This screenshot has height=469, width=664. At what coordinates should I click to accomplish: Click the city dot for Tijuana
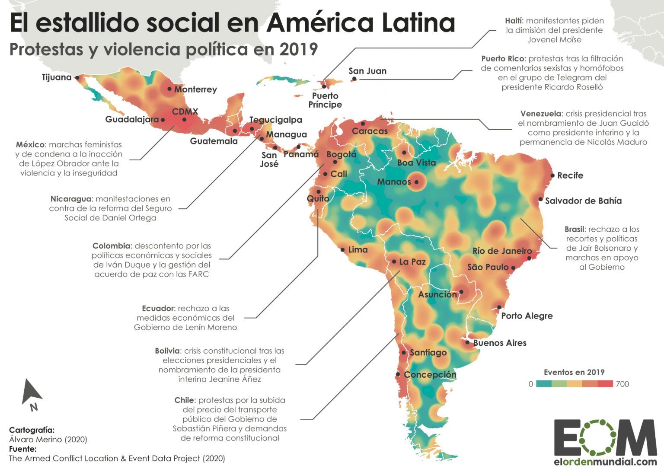77,78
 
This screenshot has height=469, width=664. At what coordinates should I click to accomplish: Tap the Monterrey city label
195,89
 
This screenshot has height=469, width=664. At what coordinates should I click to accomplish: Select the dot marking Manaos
416,182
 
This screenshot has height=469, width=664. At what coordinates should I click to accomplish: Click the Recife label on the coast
570,175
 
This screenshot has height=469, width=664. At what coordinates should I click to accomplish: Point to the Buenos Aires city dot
467,342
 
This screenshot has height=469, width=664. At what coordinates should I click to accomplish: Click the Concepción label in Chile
430,375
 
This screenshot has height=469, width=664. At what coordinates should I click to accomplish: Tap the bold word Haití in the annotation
514,21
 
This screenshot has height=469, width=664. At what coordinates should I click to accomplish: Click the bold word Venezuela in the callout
540,114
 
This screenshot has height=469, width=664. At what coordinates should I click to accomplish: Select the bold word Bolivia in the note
167,351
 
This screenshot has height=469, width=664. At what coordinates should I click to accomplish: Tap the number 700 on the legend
622,384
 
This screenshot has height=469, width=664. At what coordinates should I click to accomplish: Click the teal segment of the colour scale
544,384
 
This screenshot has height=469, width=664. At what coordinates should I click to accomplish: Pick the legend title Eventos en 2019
574,372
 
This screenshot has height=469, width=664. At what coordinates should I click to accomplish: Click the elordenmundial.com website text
605,462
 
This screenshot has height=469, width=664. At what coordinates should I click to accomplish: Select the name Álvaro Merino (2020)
48,440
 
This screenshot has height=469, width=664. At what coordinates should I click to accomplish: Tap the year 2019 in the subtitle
298,49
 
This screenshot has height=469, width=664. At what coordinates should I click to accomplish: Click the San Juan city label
367,71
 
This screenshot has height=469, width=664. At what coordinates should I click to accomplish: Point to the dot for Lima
342,250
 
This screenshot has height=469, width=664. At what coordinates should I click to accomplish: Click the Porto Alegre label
527,316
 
